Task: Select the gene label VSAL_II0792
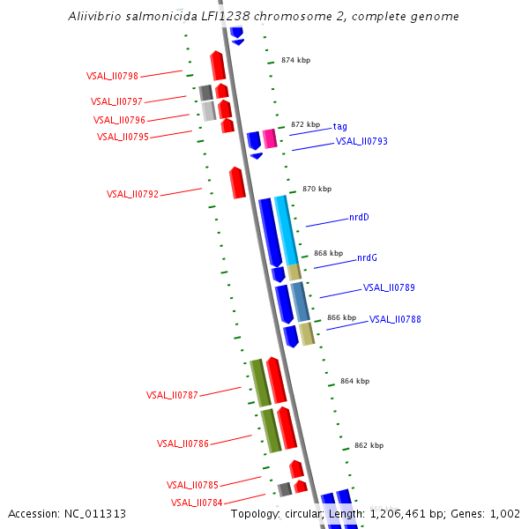[132, 194]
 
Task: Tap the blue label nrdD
[359, 217]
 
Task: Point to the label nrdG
[367, 257]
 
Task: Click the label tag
[339, 126]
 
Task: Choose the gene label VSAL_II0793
[361, 141]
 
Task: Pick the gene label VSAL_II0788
[395, 319]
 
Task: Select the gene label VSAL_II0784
[197, 503]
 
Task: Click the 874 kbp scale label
[295, 60]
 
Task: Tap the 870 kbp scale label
[317, 189]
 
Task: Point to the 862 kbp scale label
[369, 445]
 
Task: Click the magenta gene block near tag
[270, 138]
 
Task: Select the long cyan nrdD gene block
[285, 229]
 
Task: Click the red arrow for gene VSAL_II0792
[236, 183]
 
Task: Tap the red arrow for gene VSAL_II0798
[218, 65]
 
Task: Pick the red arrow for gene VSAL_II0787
[276, 380]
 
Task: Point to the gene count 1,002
[503, 513]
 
